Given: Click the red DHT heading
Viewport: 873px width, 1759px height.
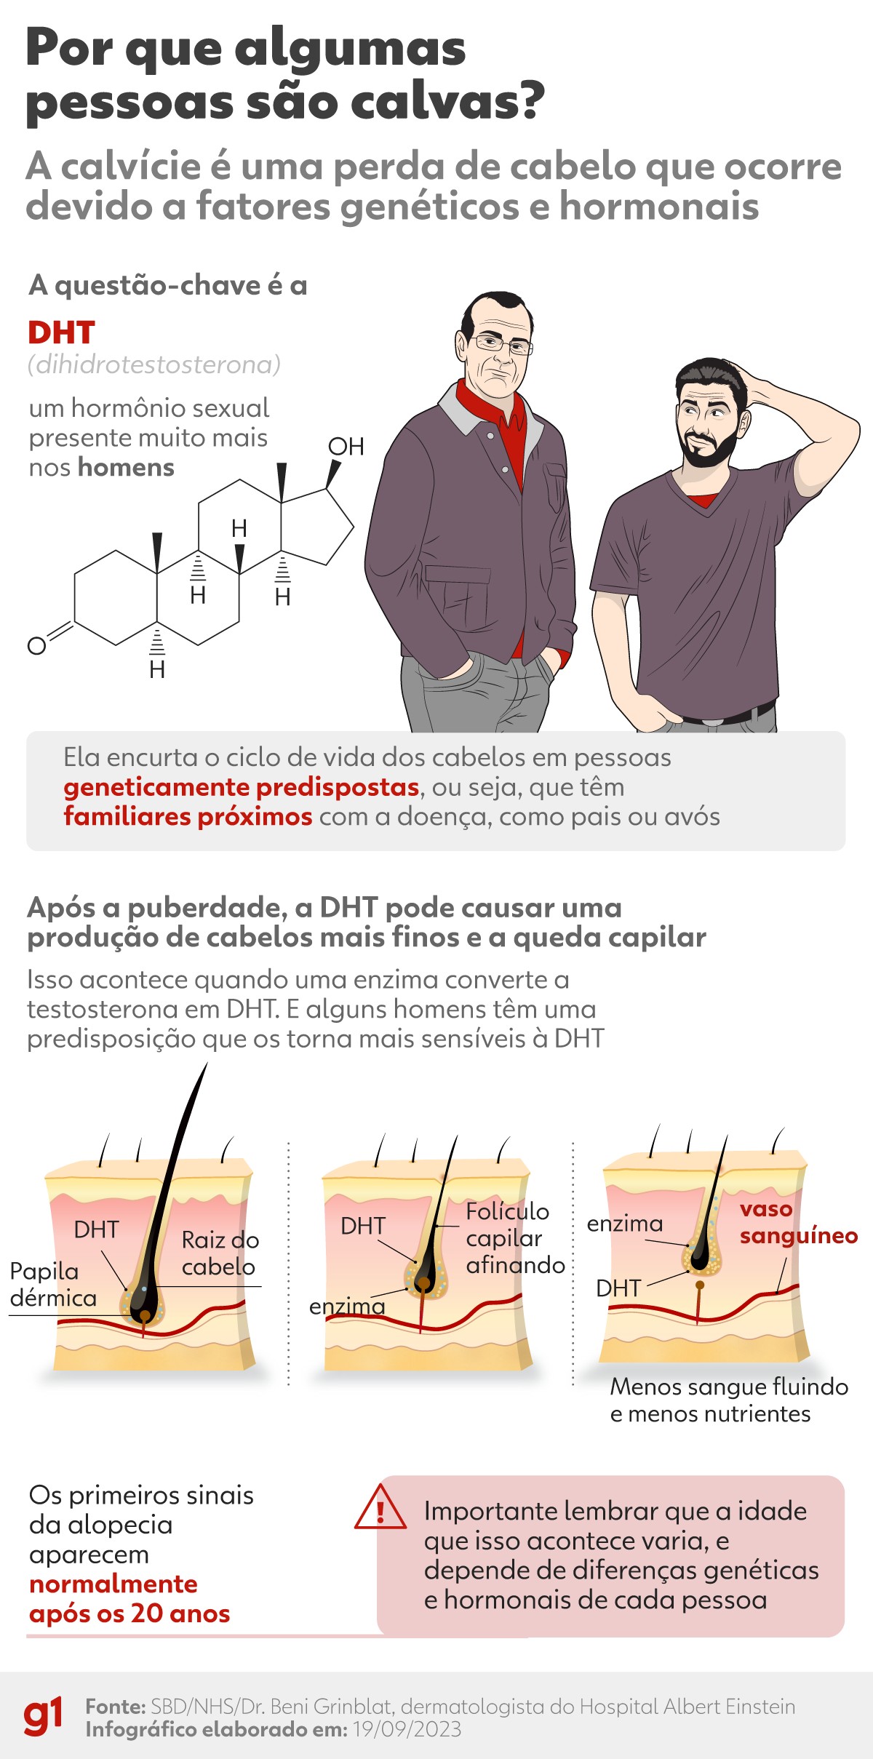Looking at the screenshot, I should pos(61,333).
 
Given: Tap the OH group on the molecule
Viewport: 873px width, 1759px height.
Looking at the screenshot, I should pos(346,447).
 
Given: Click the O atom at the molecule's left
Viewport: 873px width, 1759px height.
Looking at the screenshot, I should pos(36,645).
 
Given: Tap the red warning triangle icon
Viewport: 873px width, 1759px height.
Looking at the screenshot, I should pos(380,1507).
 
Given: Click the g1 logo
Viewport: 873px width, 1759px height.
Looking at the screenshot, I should pos(43,1717).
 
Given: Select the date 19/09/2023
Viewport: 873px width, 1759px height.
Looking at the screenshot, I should pos(407,1729).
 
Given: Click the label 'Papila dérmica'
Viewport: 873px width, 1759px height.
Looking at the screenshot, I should pos(51,1285).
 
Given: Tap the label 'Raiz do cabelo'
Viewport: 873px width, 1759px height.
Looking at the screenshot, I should pos(220,1253).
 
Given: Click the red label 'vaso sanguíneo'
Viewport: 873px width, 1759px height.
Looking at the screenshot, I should pos(798,1222).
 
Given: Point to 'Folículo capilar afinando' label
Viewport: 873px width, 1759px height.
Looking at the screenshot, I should pos(514,1238).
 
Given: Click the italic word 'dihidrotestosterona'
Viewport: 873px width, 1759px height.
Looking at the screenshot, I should pos(154,364).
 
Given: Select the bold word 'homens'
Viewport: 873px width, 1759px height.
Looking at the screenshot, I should pos(127,468).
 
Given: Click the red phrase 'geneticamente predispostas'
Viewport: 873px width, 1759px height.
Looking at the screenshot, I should pos(241,787).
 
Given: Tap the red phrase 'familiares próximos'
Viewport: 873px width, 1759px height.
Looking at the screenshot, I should pos(188,817).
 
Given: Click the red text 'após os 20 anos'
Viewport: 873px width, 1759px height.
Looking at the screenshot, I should pos(129,1614).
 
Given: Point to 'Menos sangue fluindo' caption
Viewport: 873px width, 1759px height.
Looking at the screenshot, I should pos(728,1387).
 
